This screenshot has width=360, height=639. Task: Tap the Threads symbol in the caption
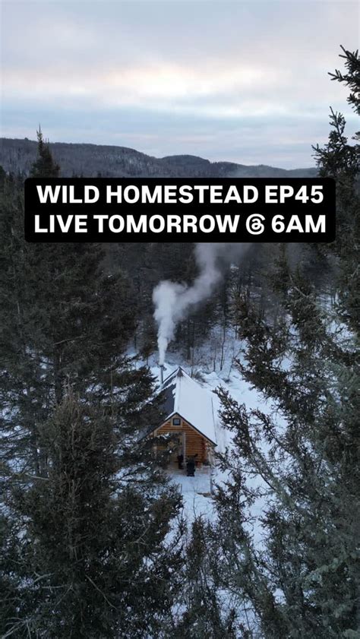(256, 225)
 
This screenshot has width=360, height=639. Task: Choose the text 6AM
(299, 224)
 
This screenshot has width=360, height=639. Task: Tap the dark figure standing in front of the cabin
(191, 467)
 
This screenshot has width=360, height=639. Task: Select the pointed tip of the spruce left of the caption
(39, 131)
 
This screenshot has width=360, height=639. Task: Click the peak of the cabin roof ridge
(180, 369)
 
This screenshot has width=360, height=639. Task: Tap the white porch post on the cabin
(183, 448)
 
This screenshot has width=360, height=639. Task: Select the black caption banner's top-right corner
(334, 179)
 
